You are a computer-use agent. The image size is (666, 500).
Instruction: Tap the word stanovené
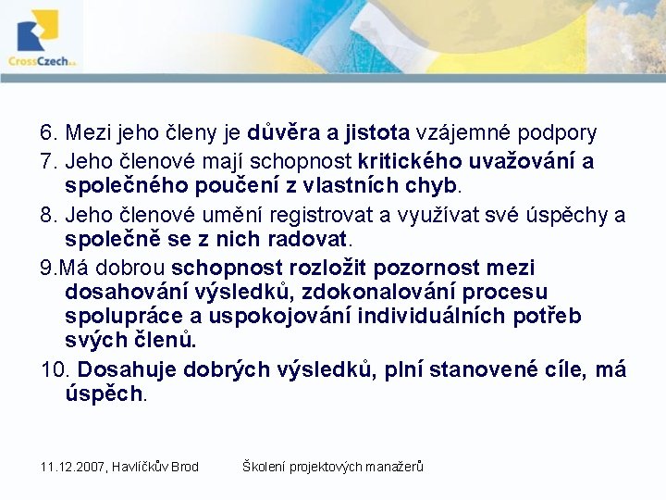pyautogui.click(x=473, y=370)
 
